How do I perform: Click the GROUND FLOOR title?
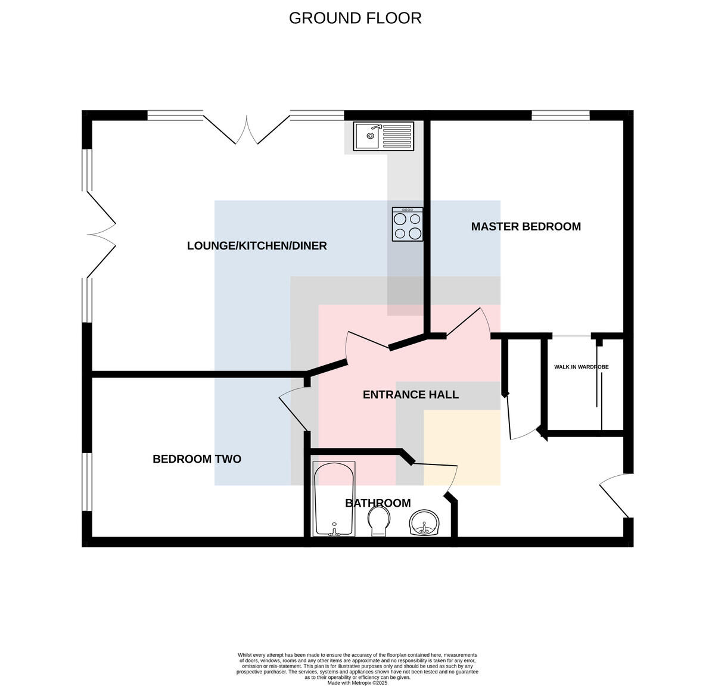[x=355, y=18]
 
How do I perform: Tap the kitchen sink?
[x=383, y=136]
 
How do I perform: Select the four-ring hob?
[x=407, y=224]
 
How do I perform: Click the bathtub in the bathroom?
[x=334, y=498]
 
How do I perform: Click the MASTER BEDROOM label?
[x=526, y=227]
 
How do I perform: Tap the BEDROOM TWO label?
[x=197, y=459]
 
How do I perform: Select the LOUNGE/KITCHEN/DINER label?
[x=257, y=246]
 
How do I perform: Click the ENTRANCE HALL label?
[x=411, y=395]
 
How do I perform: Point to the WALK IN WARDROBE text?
[x=582, y=367]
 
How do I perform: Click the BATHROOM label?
[x=378, y=503]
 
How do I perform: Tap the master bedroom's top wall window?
[x=561, y=116]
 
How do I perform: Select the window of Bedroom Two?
[x=87, y=482]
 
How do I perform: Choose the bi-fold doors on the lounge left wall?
[x=101, y=234]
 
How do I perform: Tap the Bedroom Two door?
[x=294, y=408]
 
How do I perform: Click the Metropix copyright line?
[x=357, y=683]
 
